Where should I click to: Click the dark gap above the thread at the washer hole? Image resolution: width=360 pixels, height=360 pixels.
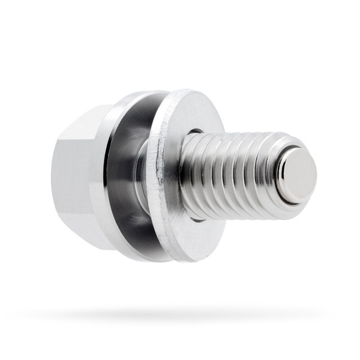(x=195, y=131)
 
